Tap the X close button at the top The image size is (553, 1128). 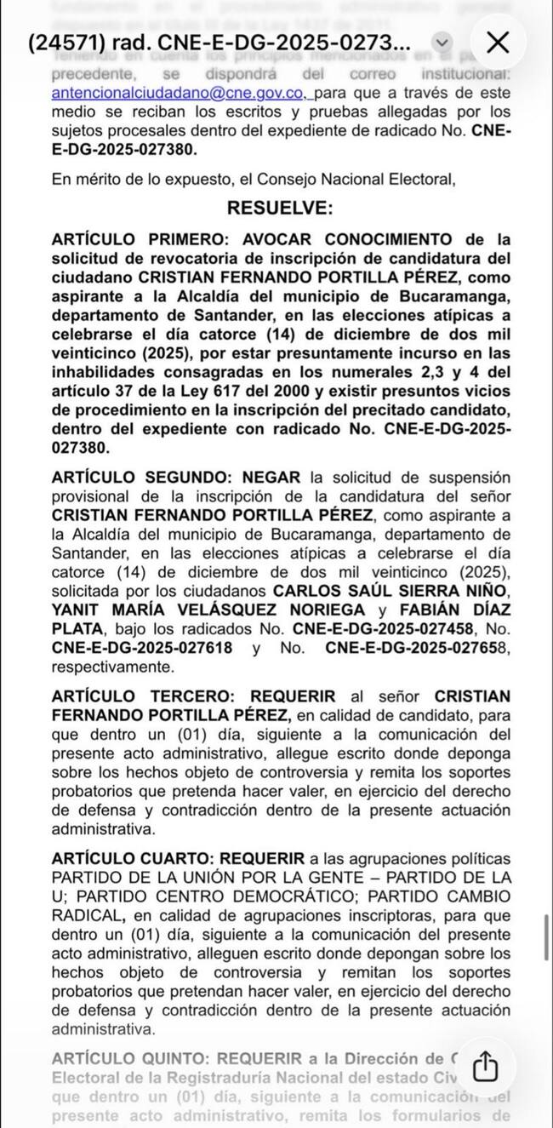tap(497, 42)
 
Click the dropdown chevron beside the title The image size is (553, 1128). tap(441, 43)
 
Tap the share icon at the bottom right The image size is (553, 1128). tap(484, 1065)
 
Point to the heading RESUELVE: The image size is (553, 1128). tap(280, 209)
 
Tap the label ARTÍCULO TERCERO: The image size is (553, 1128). tap(138, 696)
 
